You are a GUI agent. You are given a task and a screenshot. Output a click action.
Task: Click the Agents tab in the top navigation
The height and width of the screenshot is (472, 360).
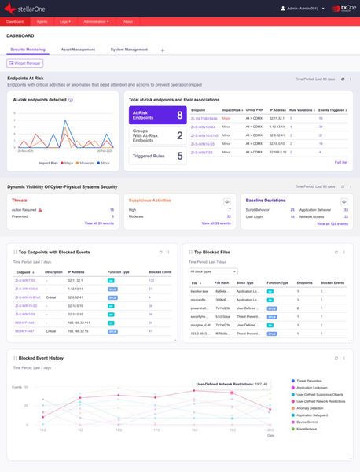coord(42,22)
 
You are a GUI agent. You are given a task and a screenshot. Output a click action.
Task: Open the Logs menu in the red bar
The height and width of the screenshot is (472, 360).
coord(65,22)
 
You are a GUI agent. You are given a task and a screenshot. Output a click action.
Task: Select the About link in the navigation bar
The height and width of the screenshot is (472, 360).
coord(128,22)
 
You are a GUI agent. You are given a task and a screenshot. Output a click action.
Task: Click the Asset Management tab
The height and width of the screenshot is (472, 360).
coord(78,50)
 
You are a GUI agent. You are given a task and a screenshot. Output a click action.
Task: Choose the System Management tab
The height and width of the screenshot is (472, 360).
coord(129,50)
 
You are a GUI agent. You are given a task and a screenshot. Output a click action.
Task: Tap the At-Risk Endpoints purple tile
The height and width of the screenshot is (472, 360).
coord(157,116)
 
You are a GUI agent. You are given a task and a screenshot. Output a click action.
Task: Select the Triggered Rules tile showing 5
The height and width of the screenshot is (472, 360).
coord(157,156)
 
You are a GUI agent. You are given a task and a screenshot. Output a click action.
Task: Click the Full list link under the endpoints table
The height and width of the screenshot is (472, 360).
coord(340,162)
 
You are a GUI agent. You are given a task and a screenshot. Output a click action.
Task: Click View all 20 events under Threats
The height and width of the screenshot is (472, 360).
coord(99,223)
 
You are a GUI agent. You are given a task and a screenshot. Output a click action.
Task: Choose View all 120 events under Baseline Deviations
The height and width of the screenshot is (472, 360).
coord(332,223)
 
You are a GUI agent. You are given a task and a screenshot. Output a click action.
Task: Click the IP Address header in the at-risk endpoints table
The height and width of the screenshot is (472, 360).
coord(277,111)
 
